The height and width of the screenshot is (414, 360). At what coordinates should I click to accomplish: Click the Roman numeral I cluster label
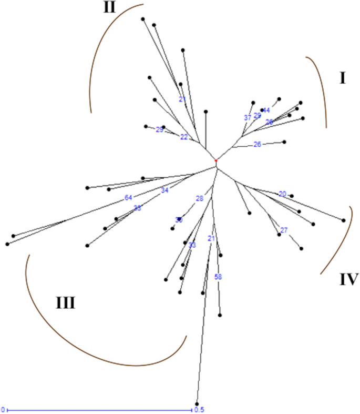[342, 79]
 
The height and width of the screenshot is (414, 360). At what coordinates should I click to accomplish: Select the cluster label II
[110, 7]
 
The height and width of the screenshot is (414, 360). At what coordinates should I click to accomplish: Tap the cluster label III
[65, 303]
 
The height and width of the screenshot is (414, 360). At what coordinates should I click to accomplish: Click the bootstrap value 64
[128, 198]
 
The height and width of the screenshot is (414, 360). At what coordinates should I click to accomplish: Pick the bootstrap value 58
[219, 276]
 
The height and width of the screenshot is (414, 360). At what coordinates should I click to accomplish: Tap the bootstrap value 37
[247, 118]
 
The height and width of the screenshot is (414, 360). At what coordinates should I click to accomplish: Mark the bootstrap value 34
[164, 190]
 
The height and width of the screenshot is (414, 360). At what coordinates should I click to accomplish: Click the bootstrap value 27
[284, 230]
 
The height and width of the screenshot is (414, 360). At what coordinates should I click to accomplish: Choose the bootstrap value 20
[282, 194]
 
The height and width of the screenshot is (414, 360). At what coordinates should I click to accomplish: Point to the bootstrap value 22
[184, 137]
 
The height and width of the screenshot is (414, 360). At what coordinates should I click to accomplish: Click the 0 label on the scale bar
[3, 409]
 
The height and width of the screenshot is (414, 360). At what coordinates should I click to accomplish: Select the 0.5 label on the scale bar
[199, 409]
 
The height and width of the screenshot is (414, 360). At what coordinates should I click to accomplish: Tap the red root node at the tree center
[215, 160]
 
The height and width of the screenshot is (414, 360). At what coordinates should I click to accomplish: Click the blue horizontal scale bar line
[100, 409]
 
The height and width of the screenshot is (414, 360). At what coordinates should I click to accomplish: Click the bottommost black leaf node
[197, 403]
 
